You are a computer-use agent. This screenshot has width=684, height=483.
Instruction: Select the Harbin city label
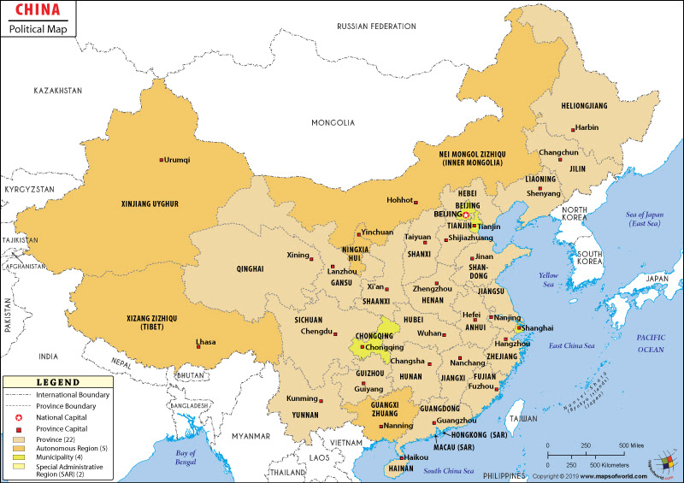coord(587,127)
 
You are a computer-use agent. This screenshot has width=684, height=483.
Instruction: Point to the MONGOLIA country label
coord(333,122)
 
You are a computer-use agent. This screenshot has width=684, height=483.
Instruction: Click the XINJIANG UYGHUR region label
coord(138,203)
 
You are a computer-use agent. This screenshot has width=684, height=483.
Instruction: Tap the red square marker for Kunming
coord(321,399)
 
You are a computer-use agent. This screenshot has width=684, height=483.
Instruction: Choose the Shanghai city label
coord(538,327)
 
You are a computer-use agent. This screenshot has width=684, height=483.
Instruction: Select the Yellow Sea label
coord(548,279)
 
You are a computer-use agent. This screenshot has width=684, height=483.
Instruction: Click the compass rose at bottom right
coord(661,462)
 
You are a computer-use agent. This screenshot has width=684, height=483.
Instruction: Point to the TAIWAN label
coord(522,420)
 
